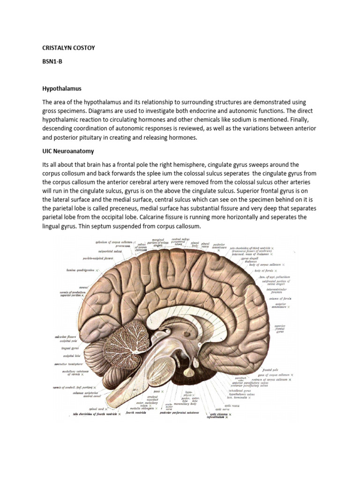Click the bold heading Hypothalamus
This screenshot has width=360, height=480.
point(62,88)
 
